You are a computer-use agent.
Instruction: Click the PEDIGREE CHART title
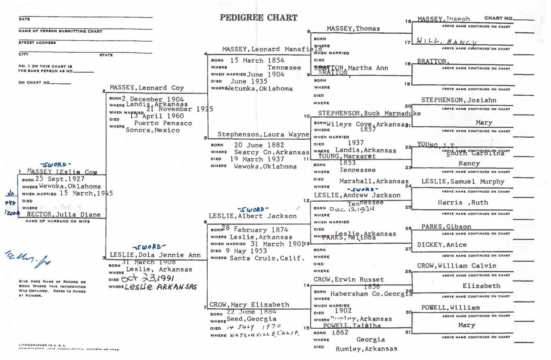point(259,18)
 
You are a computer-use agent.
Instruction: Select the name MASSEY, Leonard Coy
point(147,88)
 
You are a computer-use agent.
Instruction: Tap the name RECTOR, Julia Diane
point(64,214)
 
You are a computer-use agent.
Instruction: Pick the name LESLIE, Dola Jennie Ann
point(155,255)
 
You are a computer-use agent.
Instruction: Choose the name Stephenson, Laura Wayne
point(263,135)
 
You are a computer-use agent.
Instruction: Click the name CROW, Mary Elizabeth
point(249,305)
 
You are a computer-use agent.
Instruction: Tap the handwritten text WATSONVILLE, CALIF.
point(264,334)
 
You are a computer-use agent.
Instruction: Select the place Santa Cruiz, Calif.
point(267,258)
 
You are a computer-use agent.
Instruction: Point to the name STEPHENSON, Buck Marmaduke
point(369,113)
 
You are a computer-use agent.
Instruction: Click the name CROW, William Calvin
point(457,266)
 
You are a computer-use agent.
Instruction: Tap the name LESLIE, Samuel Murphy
point(462,181)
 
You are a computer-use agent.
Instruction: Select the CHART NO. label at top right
point(498,18)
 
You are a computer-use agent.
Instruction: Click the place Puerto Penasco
point(163,123)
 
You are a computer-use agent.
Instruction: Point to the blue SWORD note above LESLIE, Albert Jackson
point(252,209)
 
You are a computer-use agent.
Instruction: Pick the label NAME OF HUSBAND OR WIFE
point(58,221)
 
